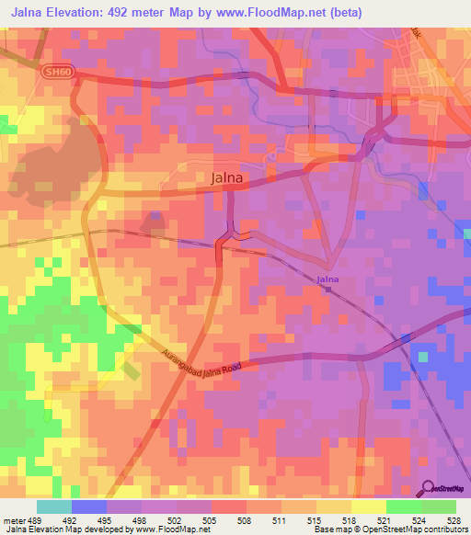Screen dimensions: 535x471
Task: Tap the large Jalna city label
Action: click(228, 179)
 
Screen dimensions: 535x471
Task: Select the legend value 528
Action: click(453, 521)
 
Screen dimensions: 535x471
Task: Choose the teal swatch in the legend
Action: click(53, 507)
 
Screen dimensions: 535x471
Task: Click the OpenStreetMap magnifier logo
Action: click(430, 490)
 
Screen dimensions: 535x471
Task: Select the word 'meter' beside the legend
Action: click(11, 521)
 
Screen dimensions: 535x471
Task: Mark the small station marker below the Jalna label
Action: click(328, 289)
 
